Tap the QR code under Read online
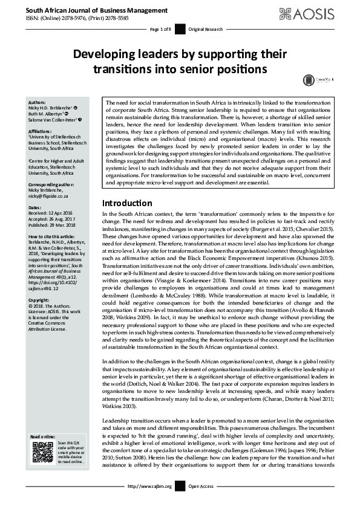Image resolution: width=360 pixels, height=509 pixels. pos(42,452)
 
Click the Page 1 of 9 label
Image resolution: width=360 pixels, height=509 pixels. pos(160,29)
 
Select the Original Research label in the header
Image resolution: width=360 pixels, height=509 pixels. pos(206,29)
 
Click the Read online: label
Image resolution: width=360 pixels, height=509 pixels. pos(43,436)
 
